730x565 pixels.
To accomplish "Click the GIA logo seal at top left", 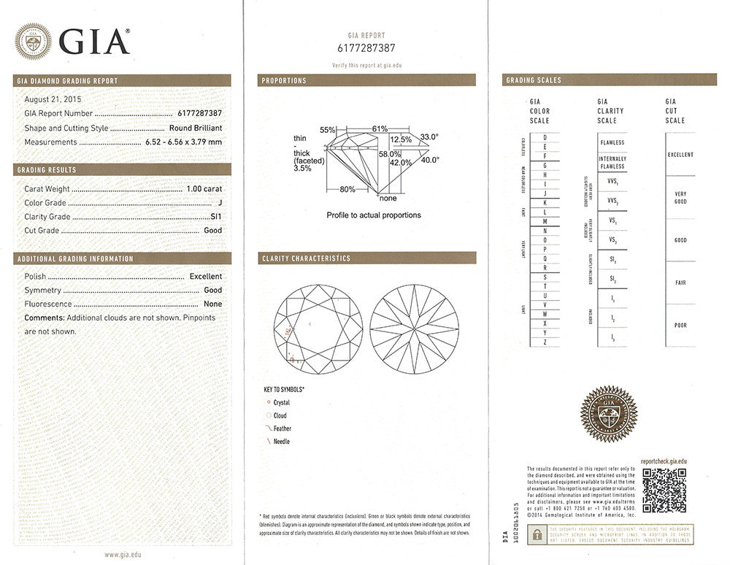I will [x=33, y=41].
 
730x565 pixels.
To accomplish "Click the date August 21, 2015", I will [x=53, y=99].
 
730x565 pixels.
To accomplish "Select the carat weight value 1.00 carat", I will [x=204, y=188].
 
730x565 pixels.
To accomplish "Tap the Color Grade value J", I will [x=219, y=202].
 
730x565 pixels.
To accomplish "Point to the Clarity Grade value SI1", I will [x=216, y=217].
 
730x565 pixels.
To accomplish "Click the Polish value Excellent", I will [x=205, y=277].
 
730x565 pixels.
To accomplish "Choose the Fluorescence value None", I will [x=213, y=304].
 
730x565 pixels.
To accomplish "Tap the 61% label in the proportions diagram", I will [x=380, y=128].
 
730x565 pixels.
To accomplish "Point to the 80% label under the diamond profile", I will [x=347, y=190].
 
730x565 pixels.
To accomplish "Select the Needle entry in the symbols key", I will [x=281, y=442].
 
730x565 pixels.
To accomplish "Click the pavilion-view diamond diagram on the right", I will [x=414, y=328].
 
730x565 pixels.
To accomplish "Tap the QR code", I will [x=664, y=490].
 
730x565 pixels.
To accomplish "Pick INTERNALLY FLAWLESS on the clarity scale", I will [x=612, y=162].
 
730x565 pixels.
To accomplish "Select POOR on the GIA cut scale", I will [x=680, y=326].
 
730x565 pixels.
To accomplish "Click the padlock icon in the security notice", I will [x=537, y=534].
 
